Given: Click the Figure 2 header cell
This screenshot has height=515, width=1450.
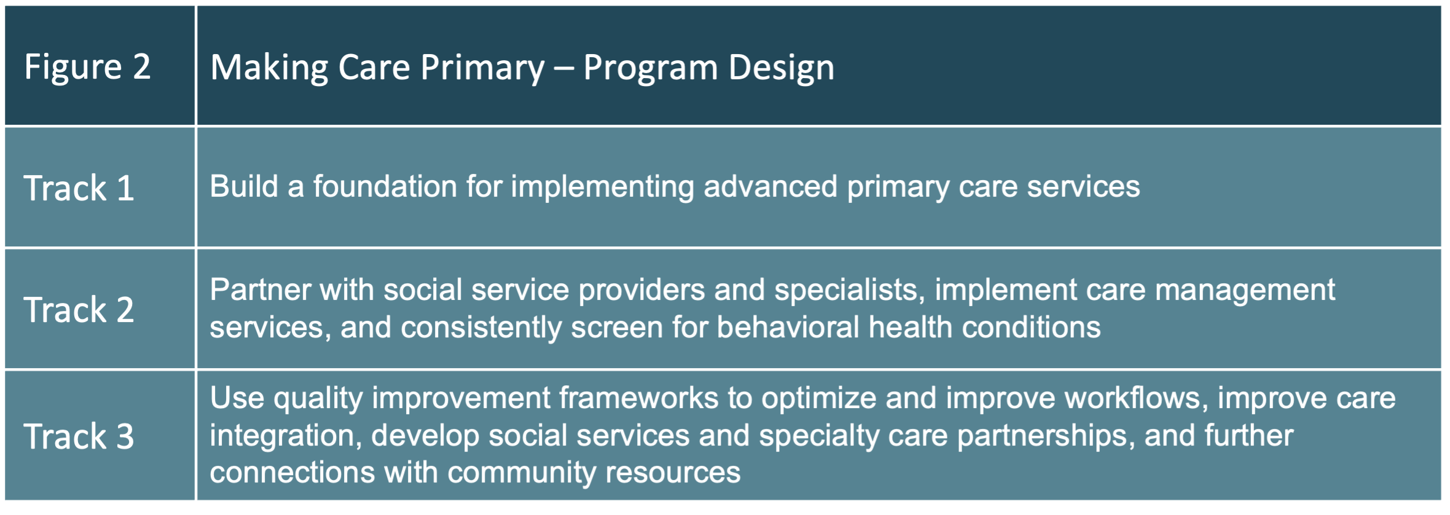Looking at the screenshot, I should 87,66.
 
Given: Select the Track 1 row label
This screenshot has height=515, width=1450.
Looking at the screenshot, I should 79,188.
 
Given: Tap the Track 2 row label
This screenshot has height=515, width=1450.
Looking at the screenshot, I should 79,309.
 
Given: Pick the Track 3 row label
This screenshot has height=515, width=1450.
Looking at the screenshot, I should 79,436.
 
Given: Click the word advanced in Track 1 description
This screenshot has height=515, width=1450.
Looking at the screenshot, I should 770,186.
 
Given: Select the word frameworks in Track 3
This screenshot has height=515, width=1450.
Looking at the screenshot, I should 638,398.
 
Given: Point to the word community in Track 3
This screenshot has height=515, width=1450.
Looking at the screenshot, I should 521,473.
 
